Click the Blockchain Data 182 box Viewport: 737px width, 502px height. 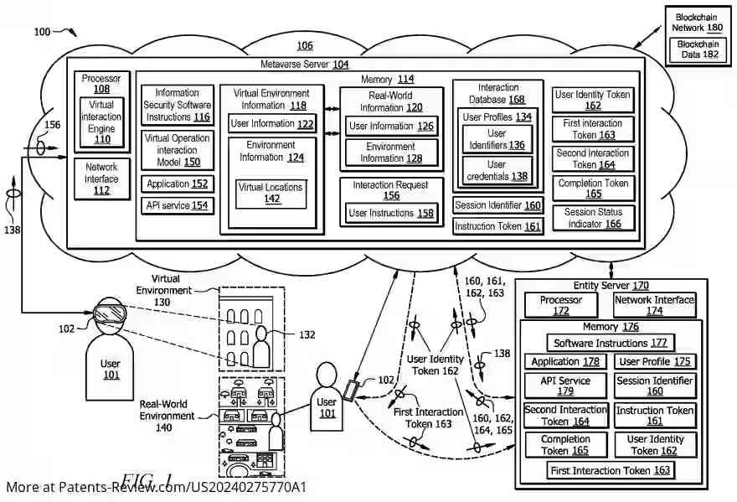click(x=698, y=49)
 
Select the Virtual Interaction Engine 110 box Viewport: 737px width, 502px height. click(x=101, y=122)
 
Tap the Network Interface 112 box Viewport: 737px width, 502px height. click(x=100, y=179)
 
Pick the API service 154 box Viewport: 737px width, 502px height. click(x=177, y=205)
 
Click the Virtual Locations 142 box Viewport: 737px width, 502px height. click(x=271, y=194)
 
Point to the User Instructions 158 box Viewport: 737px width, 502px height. click(x=391, y=214)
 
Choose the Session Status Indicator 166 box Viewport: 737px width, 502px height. click(x=593, y=219)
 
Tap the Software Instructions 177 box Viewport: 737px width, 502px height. click(x=611, y=343)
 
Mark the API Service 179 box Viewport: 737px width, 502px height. click(x=565, y=386)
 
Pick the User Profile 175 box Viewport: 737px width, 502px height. click(x=654, y=362)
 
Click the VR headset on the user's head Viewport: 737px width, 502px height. click(x=110, y=314)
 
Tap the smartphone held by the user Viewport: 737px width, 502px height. click(x=350, y=390)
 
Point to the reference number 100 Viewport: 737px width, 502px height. click(x=42, y=32)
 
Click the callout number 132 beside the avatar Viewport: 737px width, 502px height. click(x=307, y=334)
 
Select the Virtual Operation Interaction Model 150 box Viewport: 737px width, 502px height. click(x=177, y=149)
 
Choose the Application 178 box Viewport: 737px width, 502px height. click(x=565, y=362)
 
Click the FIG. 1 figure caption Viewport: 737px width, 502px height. click(x=146, y=480)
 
